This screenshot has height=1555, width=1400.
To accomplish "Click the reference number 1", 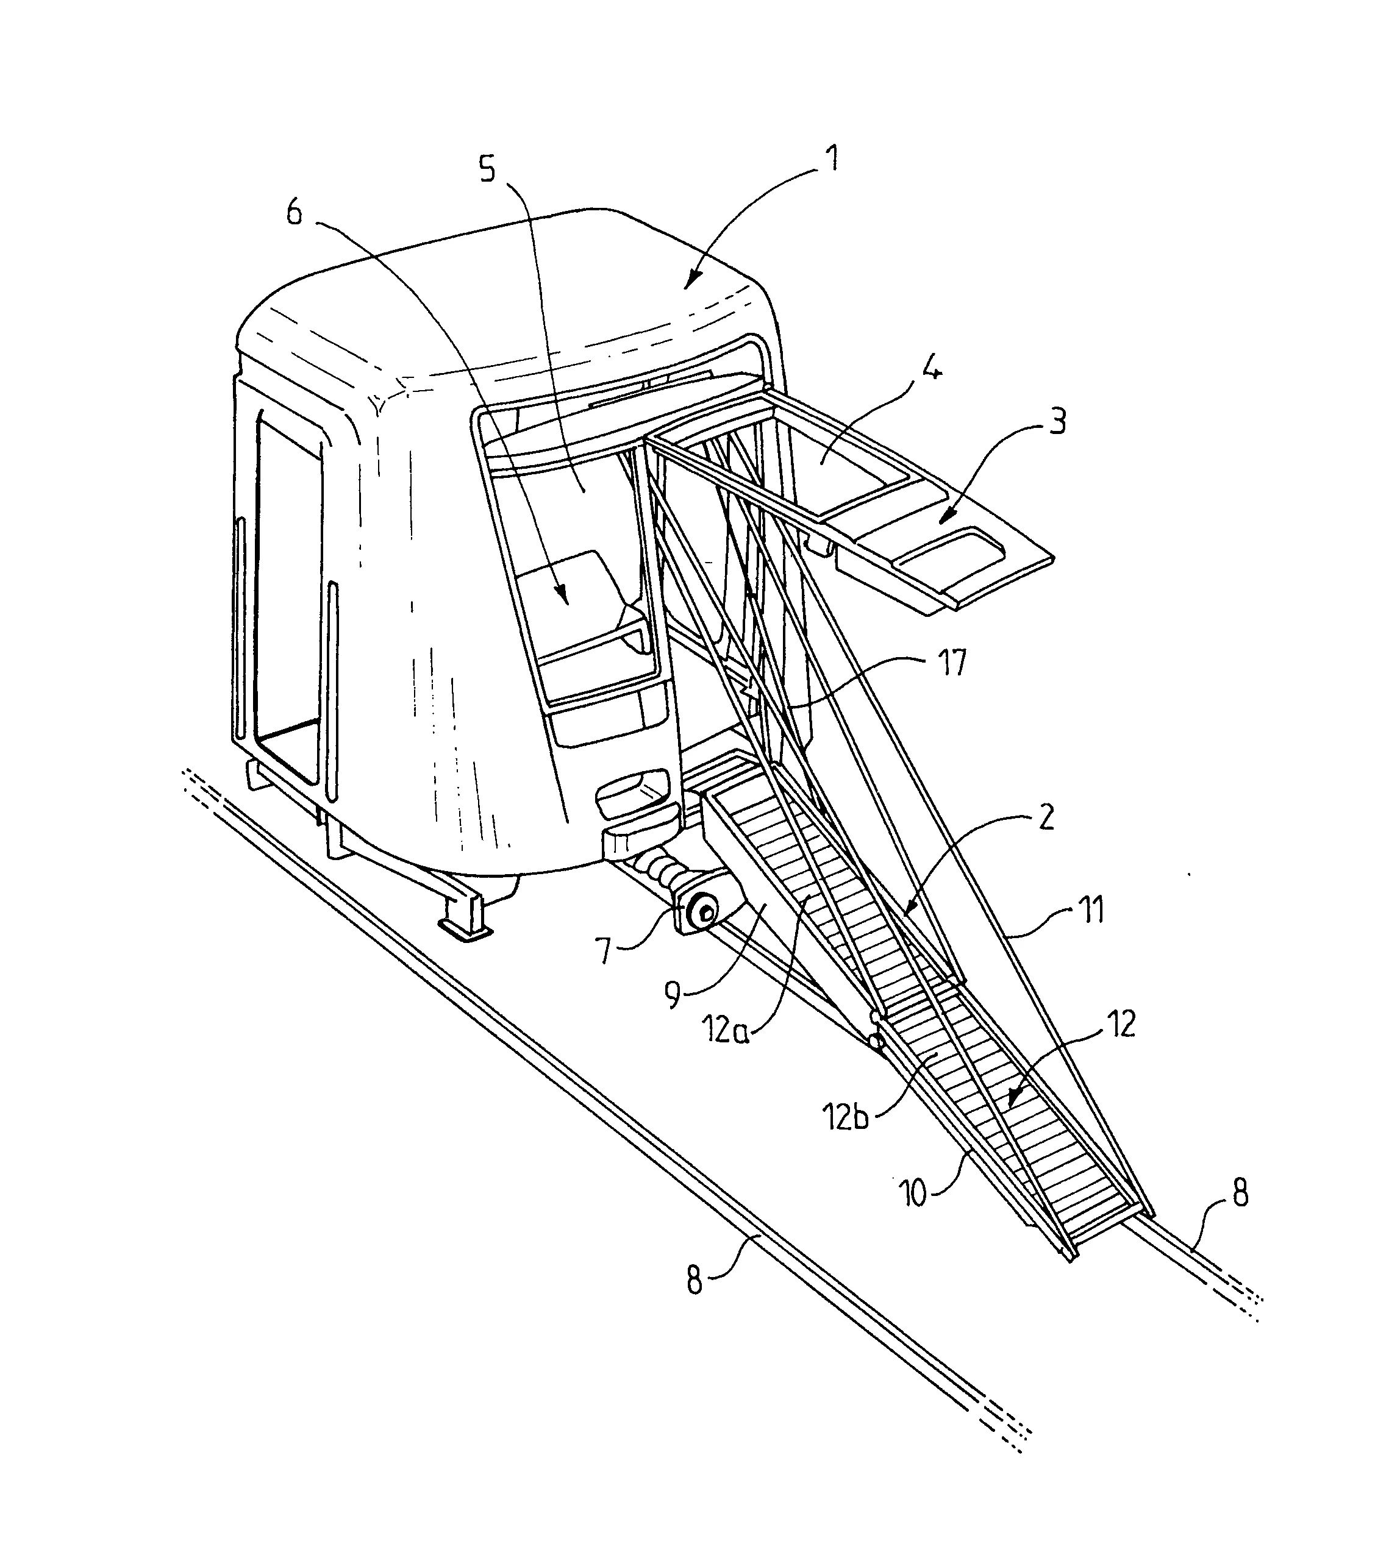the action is [x=830, y=159].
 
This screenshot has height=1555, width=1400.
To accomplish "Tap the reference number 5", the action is [x=488, y=168].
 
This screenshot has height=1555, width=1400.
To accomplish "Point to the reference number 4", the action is [x=930, y=371].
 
